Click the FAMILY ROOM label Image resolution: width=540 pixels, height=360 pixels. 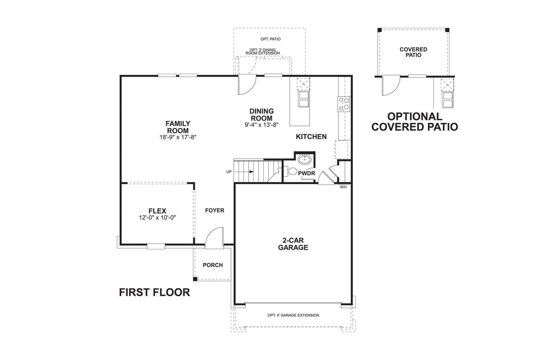coord(178,127)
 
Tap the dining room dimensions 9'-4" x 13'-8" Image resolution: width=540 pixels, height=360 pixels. coord(262,125)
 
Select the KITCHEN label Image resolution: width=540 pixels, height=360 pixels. coord(311,137)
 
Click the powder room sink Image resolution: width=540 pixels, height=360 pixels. coord(305,159)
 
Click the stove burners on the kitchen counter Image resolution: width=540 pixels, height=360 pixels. coord(344,104)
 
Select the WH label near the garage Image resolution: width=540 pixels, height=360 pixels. coord(343,187)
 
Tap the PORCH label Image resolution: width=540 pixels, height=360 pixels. coord(213,265)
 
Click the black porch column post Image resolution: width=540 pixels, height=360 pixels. coord(195,279)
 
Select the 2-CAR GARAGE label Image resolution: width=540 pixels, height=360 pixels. coord(293,244)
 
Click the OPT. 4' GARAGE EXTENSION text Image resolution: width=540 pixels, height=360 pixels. coord(293,315)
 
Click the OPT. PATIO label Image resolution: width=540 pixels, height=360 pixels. coord(270,39)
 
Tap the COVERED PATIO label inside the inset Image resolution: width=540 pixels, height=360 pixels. coord(413,52)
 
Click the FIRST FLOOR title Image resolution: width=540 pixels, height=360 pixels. coord(154,292)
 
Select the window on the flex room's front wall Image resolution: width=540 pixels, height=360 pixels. coord(156,247)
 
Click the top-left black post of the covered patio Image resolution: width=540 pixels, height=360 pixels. coord(379,30)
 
